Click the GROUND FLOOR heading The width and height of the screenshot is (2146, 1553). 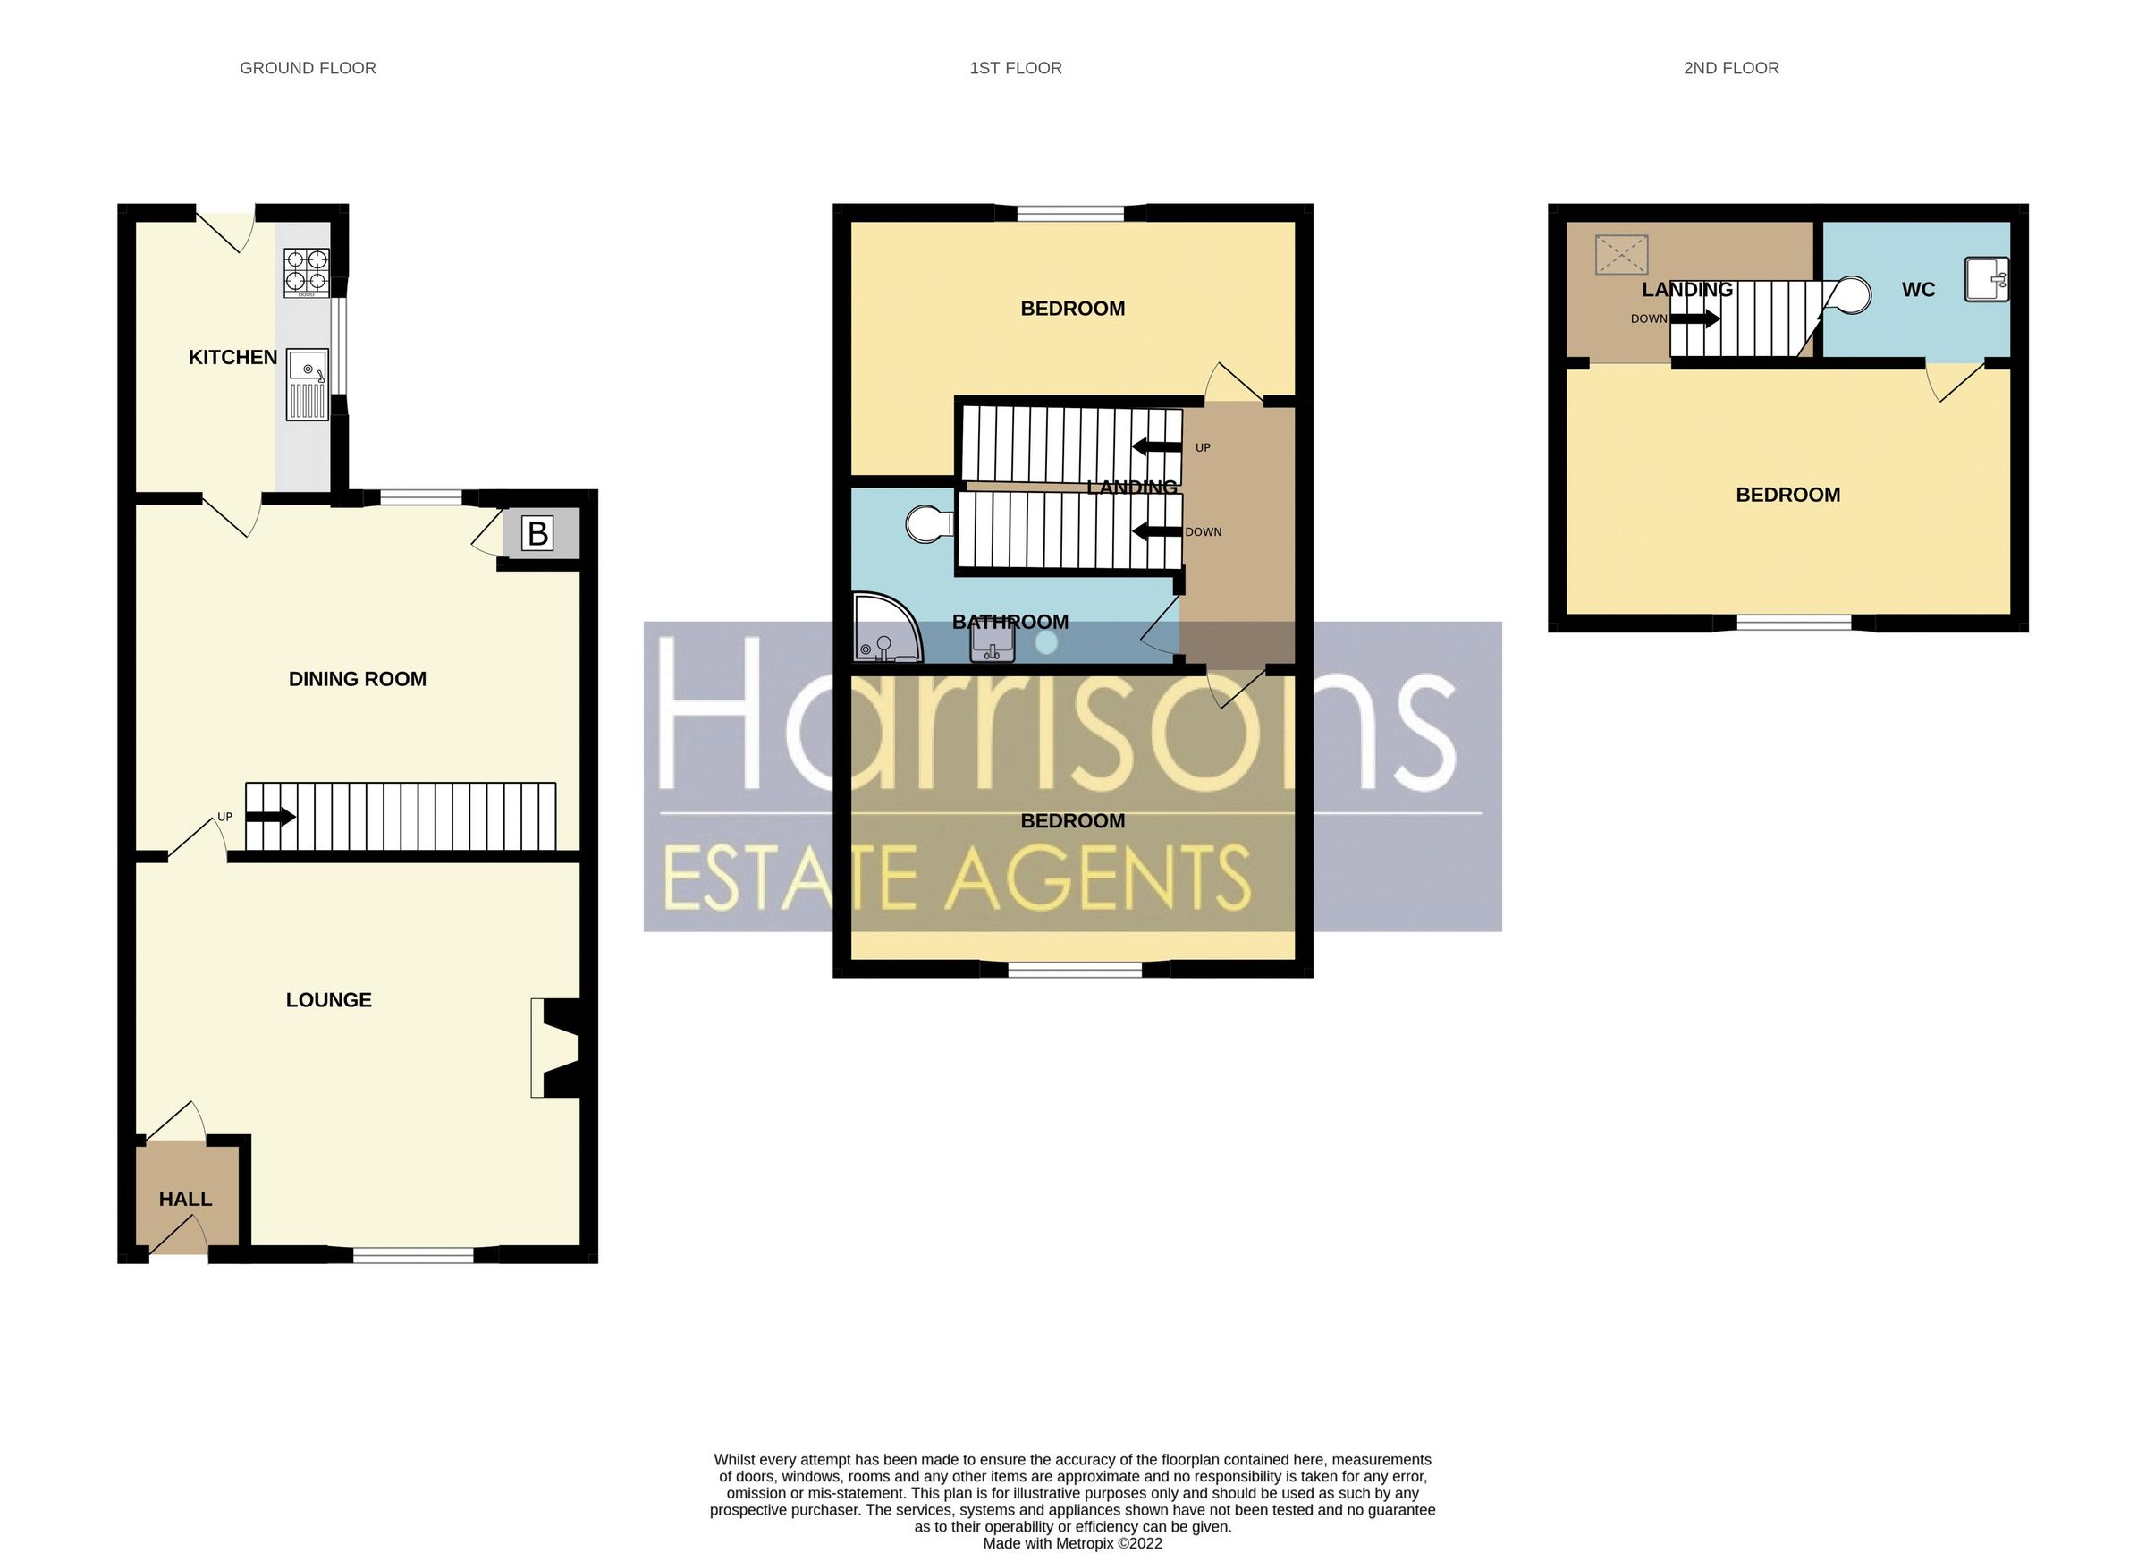[x=308, y=68]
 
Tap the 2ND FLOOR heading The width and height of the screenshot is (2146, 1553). [x=1730, y=68]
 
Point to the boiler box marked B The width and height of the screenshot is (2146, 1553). [x=537, y=535]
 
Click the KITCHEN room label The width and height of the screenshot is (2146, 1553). [x=232, y=358]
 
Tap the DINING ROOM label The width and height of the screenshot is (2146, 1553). [x=357, y=679]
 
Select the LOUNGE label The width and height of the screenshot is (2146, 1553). [x=328, y=1000]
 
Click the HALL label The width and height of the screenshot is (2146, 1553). [x=185, y=1199]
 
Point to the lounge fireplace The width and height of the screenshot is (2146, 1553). [x=556, y=1048]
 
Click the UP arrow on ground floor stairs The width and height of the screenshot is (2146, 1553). [x=271, y=817]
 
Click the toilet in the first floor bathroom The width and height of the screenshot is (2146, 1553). [x=928, y=523]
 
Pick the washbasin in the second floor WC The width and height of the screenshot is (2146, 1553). [x=1986, y=279]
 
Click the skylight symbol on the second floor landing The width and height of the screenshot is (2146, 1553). [x=1622, y=255]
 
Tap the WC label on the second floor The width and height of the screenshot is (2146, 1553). [x=1918, y=290]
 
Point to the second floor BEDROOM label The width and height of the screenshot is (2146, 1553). [x=1787, y=495]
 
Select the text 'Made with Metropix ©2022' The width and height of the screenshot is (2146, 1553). [x=1072, y=1543]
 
